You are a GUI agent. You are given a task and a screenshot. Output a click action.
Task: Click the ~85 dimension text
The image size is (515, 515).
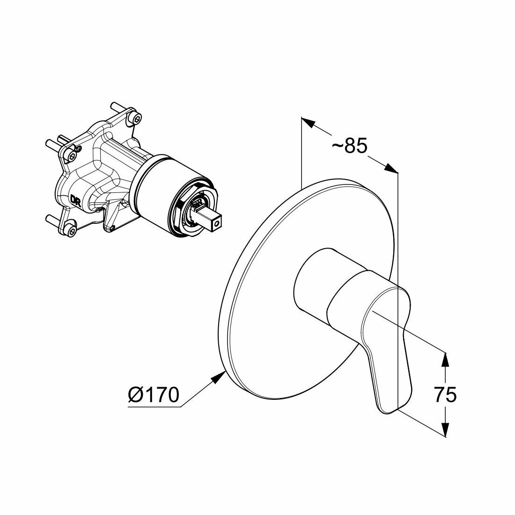[350, 147]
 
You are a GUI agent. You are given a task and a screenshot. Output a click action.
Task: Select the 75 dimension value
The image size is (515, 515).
[445, 395]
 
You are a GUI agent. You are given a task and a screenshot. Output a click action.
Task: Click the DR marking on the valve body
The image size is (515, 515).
[75, 200]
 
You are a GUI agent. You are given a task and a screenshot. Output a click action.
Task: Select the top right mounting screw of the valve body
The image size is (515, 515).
[137, 117]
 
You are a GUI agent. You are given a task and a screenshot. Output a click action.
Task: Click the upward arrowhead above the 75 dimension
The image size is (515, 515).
[445, 359]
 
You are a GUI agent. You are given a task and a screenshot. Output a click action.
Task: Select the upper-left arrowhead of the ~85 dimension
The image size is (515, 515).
[307, 124]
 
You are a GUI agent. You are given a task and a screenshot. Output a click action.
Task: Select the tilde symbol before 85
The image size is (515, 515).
[338, 147]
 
